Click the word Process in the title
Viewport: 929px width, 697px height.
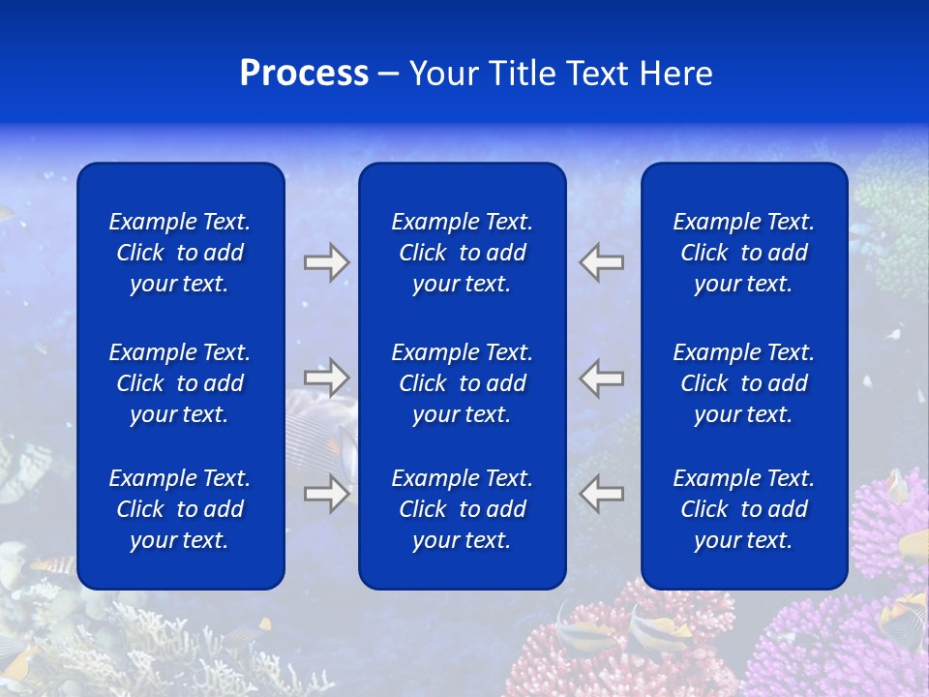304,74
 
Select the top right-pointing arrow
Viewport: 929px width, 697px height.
326,262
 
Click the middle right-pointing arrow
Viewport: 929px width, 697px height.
326,377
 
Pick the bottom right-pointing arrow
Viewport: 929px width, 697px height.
326,494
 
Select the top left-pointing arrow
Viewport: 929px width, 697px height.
602,262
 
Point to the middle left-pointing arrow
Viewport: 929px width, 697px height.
602,377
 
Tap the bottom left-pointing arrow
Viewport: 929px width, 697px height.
602,494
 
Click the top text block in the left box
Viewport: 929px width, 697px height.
180,253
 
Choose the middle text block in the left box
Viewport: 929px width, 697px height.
180,383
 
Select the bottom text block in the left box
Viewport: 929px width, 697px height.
180,509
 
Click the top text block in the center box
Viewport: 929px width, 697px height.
463,253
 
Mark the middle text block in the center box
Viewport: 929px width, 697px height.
463,383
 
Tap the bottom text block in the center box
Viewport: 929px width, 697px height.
463,509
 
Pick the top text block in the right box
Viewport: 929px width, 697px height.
744,253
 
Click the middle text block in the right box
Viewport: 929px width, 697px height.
744,383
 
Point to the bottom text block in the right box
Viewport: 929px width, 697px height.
744,509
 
